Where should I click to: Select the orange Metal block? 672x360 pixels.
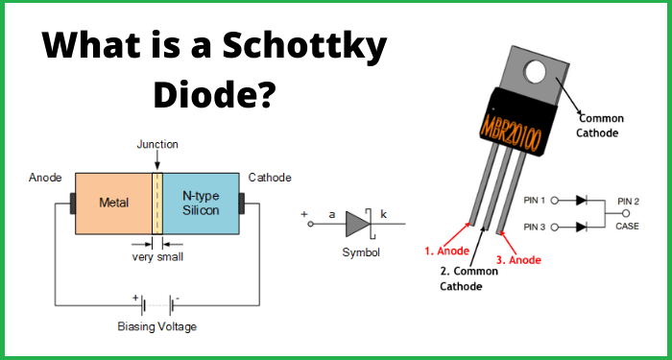113,204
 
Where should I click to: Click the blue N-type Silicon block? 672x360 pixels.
199,204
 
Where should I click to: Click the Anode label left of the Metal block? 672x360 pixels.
45,178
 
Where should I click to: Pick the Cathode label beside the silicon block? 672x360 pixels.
270,178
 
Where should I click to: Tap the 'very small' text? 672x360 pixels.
157,256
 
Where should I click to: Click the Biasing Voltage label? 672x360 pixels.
156,326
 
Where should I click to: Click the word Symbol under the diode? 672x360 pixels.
361,252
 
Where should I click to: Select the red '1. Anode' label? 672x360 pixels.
446,252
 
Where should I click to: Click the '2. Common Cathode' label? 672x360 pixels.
469,277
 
